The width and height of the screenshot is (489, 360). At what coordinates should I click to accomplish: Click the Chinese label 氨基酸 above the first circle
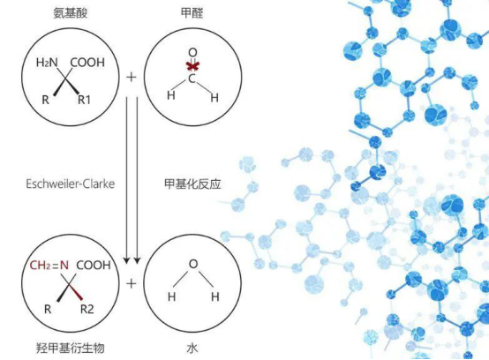(70, 13)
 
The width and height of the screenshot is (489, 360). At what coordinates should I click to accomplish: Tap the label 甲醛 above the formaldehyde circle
(192, 13)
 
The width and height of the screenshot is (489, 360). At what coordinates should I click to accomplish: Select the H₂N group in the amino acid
(47, 63)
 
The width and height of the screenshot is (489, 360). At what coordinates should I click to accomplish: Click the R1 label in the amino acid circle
(84, 100)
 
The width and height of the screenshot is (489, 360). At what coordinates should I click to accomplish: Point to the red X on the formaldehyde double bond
(192, 66)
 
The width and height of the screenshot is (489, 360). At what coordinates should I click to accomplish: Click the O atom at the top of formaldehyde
(192, 53)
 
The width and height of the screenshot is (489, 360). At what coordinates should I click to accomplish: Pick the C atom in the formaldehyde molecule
(192, 79)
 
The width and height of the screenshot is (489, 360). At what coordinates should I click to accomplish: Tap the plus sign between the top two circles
(132, 77)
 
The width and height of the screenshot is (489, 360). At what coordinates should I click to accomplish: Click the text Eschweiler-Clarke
(70, 184)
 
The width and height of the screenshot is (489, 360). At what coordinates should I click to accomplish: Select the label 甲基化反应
(192, 184)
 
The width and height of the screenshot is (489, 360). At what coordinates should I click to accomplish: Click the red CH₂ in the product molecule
(41, 266)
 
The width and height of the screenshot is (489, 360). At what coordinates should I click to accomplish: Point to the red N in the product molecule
(64, 266)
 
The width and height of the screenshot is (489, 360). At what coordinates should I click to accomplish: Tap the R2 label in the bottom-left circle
(87, 309)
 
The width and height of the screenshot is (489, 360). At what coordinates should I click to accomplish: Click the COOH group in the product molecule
(94, 266)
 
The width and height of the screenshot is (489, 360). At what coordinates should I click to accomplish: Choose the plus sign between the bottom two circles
(132, 283)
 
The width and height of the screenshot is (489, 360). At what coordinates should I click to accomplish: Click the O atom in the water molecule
(193, 264)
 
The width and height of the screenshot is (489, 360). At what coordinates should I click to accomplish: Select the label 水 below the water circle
(192, 349)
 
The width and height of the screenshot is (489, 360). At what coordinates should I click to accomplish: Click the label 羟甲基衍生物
(70, 349)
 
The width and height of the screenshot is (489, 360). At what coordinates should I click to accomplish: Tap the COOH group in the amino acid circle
(87, 63)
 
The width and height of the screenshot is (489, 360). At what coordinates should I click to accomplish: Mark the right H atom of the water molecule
(215, 296)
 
